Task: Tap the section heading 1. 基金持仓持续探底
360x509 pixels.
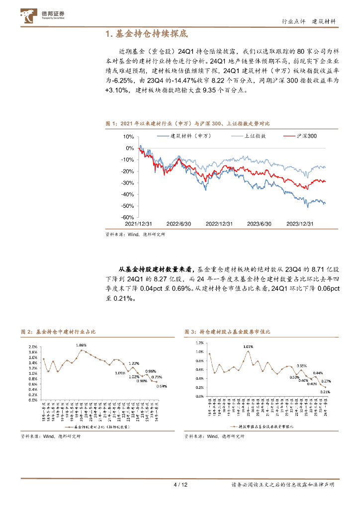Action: pyautogui.click(x=147, y=34)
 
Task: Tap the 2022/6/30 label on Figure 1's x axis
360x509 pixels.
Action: pyautogui.click(x=178, y=224)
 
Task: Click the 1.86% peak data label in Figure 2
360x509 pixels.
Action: pyautogui.click(x=81, y=344)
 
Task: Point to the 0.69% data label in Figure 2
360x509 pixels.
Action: pyautogui.click(x=162, y=386)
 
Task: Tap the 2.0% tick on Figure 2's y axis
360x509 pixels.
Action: pyautogui.click(x=33, y=346)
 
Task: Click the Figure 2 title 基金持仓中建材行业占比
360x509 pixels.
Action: pyautogui.click(x=69, y=331)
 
